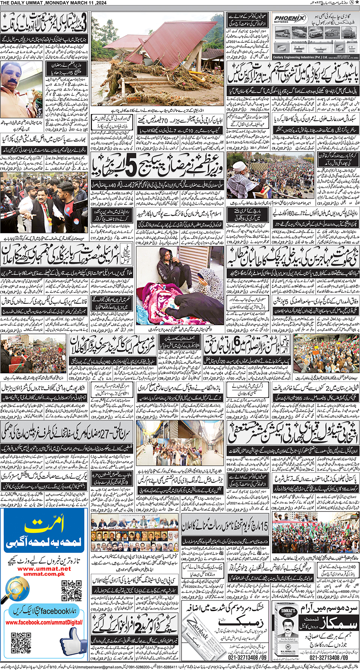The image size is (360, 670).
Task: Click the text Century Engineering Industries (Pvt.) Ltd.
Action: (300, 57)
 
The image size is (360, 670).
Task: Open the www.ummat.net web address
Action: (44, 568)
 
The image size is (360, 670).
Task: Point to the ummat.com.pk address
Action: (44, 574)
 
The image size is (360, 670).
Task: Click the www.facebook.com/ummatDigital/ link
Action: (44, 622)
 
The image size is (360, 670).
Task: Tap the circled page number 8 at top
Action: (351, 3)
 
